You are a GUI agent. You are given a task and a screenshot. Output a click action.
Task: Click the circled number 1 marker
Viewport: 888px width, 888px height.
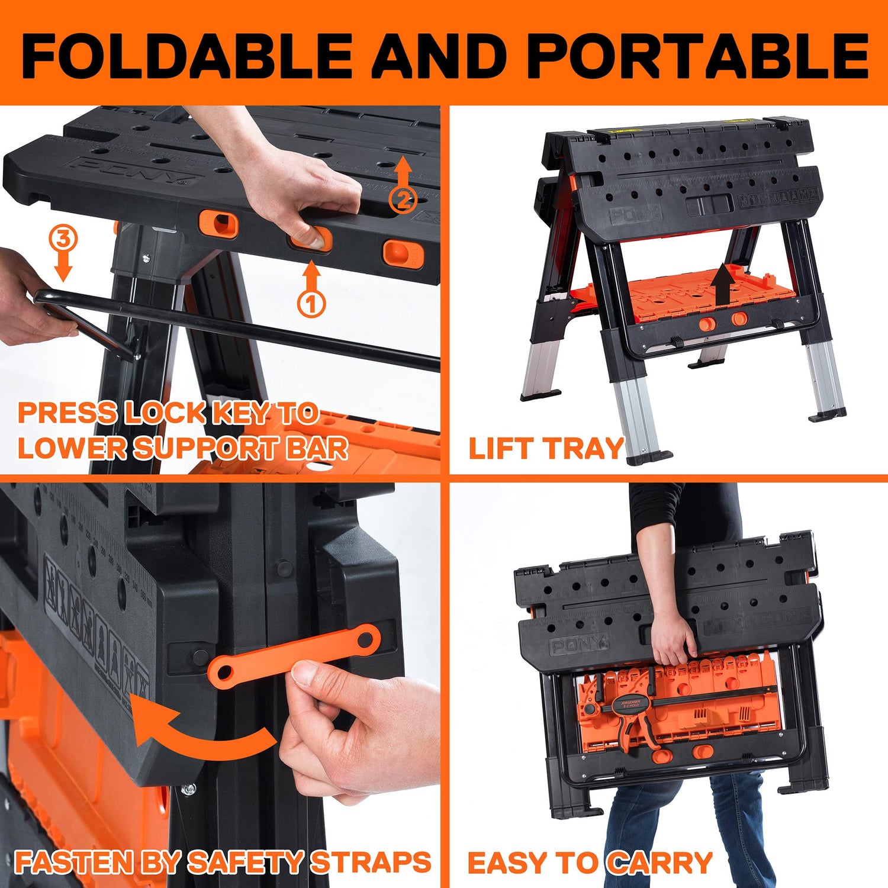[311, 303]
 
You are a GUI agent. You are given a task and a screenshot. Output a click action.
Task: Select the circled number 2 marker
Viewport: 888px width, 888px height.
[403, 200]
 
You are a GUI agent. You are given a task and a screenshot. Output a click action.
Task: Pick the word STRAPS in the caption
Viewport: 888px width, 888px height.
[371, 863]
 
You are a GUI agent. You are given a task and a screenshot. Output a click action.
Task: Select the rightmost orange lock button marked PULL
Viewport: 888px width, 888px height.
[403, 253]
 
